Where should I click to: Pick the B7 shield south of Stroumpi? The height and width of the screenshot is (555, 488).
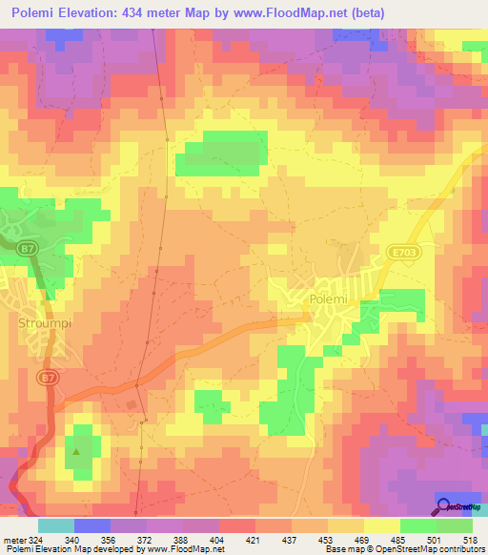click(47, 379)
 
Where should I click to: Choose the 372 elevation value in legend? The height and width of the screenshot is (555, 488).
click(131, 539)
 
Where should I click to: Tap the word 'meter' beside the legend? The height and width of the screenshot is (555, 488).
click(13, 539)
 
